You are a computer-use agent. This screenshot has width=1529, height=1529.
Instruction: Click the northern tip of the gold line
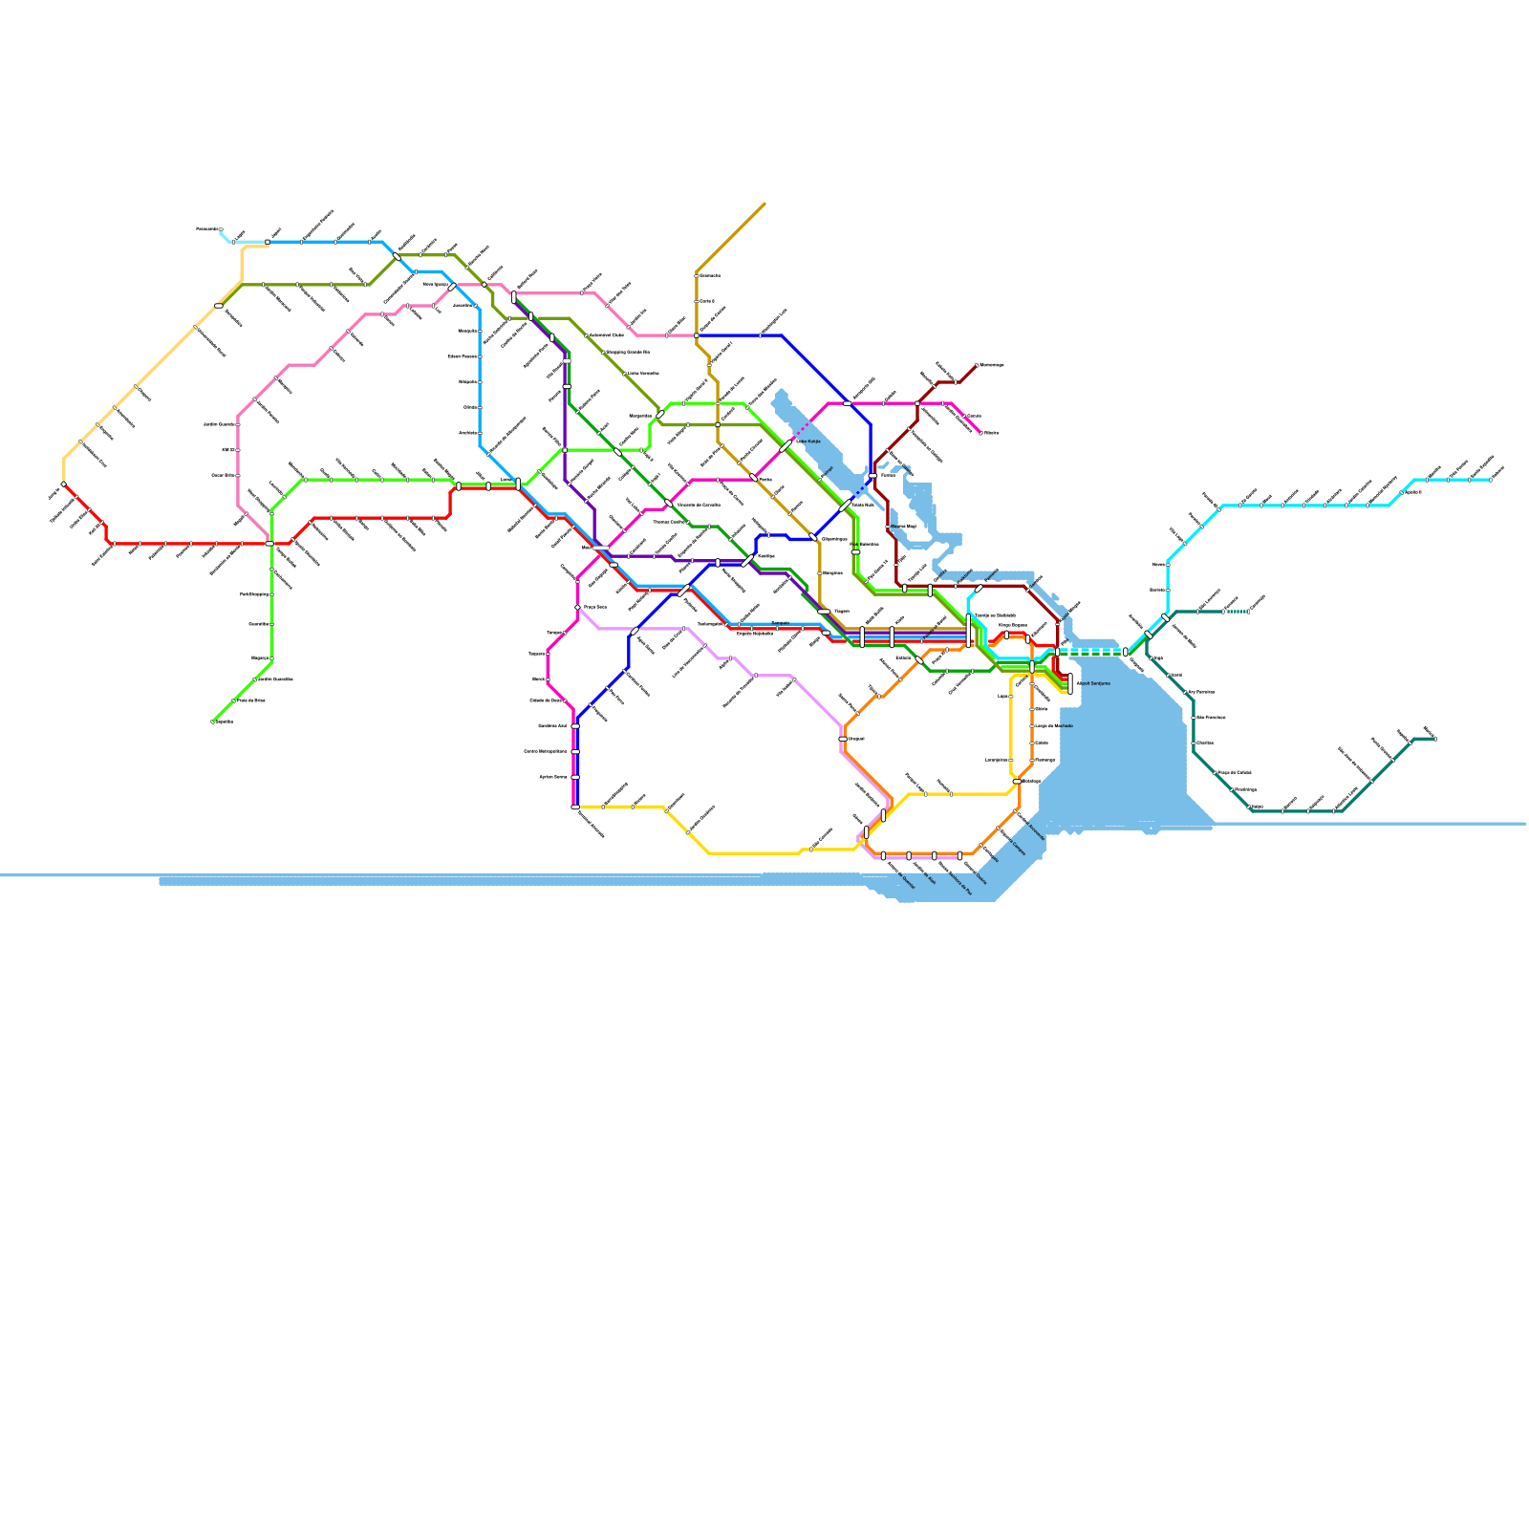point(764,204)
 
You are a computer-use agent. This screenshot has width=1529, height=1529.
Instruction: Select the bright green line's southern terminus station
point(212,721)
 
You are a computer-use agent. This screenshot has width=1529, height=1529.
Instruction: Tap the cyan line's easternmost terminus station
point(1490,480)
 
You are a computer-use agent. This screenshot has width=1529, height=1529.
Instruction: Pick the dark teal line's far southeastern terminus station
point(1434,739)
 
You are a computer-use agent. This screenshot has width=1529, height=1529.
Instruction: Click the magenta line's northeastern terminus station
point(980,433)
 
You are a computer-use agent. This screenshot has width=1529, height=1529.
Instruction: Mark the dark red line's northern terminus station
point(976,366)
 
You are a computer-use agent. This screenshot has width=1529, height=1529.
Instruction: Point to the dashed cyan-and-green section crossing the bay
point(1090,653)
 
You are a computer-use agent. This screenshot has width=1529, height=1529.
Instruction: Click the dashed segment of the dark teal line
point(1237,612)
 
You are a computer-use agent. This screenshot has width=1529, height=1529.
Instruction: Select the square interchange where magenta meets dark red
point(916,403)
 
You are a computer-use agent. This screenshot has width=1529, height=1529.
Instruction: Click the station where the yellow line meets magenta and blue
point(575,808)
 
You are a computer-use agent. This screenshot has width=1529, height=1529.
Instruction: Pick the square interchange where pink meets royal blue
point(696,335)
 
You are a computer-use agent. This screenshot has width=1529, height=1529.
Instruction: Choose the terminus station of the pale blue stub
point(221,229)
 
